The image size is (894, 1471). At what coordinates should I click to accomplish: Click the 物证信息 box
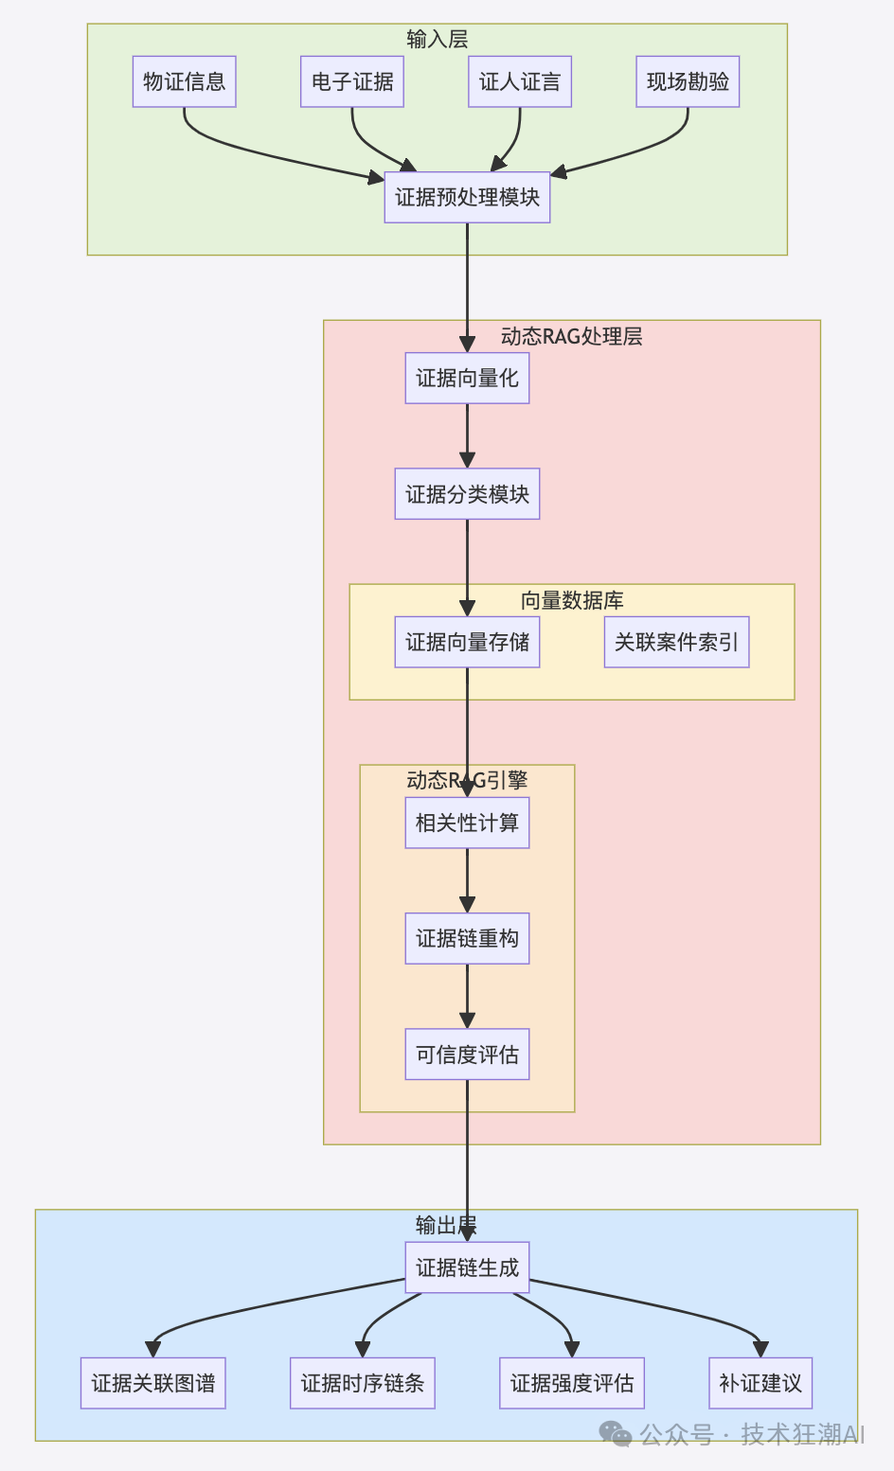click(x=184, y=81)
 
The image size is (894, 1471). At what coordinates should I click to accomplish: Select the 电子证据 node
click(x=352, y=81)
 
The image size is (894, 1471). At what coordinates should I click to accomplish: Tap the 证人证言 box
click(x=520, y=81)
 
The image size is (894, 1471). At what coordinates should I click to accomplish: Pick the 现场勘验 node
click(x=688, y=81)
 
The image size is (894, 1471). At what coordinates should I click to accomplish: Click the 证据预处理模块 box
click(x=467, y=197)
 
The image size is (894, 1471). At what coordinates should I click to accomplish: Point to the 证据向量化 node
click(x=467, y=378)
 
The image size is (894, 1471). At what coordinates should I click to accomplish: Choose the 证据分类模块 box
click(x=467, y=494)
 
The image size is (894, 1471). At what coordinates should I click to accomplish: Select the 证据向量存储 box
click(x=467, y=642)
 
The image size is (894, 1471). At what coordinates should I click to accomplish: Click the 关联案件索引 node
click(x=676, y=642)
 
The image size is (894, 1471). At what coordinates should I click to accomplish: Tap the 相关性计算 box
click(x=467, y=823)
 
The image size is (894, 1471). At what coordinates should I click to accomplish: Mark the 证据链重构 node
click(x=467, y=938)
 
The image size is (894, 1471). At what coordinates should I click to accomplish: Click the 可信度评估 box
click(x=467, y=1055)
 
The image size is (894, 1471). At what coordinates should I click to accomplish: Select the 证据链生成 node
click(x=467, y=1267)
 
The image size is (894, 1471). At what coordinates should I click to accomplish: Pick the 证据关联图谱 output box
click(x=152, y=1383)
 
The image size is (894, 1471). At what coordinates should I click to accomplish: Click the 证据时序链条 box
click(x=362, y=1383)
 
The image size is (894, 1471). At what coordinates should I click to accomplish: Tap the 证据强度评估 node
click(x=572, y=1383)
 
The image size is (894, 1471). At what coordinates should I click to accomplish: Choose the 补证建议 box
click(x=760, y=1383)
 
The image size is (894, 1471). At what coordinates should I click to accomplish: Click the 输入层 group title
click(x=438, y=39)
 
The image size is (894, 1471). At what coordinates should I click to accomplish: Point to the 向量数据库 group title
click(x=572, y=600)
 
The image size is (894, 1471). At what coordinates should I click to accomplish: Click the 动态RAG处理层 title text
click(x=572, y=336)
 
